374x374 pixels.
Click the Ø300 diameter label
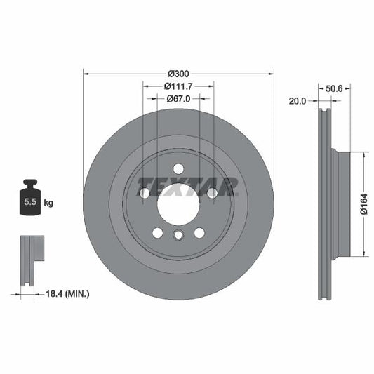tap(178, 72)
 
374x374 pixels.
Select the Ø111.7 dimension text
tap(178, 86)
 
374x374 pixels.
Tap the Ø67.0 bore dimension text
tap(178, 99)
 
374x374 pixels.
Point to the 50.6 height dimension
tap(333, 89)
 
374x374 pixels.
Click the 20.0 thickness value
tap(298, 101)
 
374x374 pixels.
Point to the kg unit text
tap(48, 203)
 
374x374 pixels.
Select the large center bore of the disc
tap(178, 206)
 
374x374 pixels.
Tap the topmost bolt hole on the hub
tap(178, 168)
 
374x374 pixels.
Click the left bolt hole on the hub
tap(145, 193)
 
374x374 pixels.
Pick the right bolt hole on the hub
tap(212, 193)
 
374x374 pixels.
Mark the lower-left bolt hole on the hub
tap(157, 233)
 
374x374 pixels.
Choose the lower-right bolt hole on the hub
tap(199, 233)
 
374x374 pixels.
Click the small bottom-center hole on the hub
tap(178, 236)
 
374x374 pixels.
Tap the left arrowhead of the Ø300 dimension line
tap(86, 72)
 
